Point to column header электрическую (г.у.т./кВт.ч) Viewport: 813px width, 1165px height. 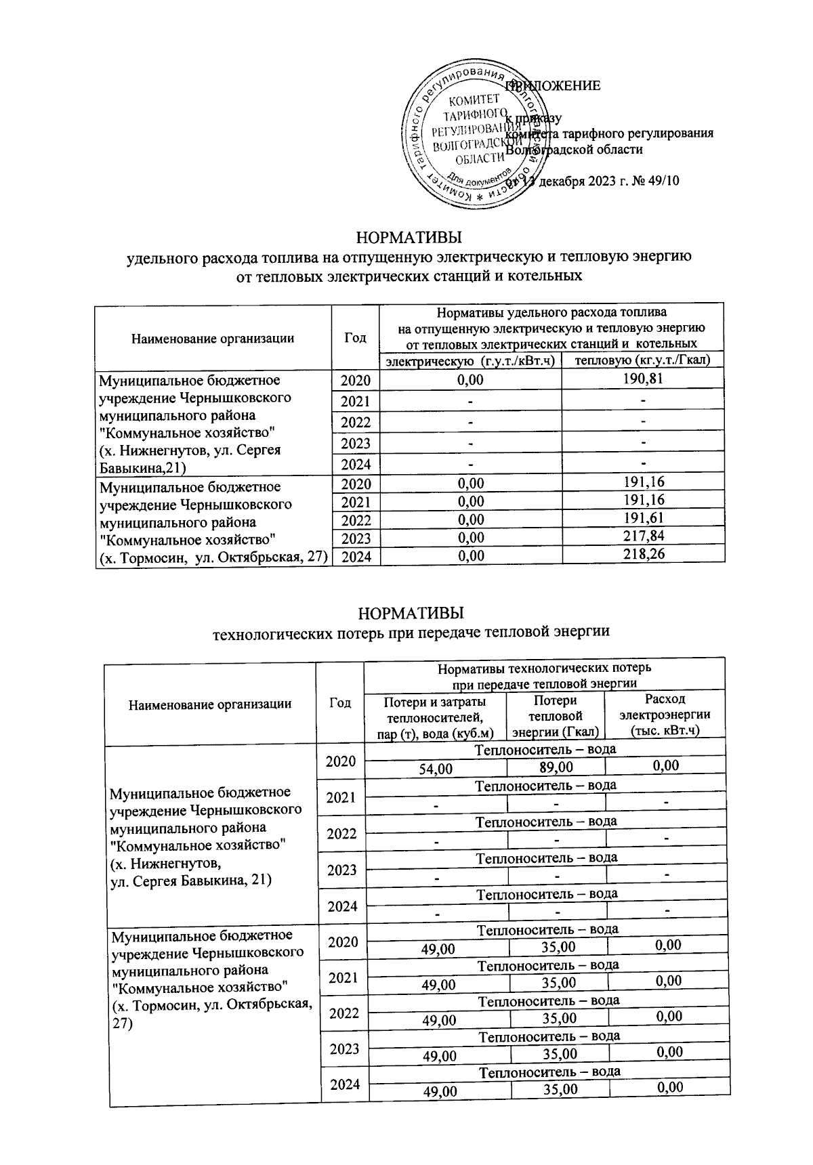coord(471,360)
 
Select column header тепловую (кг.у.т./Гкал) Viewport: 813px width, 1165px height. coord(642,360)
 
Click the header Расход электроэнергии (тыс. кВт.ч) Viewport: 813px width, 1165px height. coord(665,715)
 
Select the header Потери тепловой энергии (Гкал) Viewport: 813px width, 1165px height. coord(556,715)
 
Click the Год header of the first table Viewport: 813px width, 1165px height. coord(356,337)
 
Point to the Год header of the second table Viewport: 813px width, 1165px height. coord(340,703)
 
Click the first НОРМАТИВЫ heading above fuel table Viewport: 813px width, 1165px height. coord(409,238)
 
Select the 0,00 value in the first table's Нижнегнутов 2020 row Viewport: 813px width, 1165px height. coord(471,380)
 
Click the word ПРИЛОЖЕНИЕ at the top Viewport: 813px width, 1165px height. coord(556,86)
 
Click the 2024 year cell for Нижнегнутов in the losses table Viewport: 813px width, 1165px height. coord(341,906)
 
